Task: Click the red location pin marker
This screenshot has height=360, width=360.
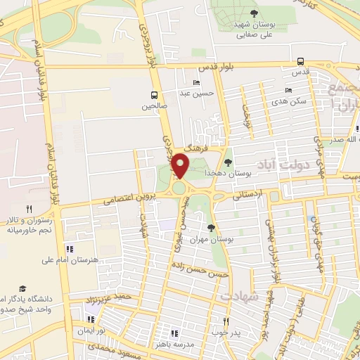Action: pos(181,166)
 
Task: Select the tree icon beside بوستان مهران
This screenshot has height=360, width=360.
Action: pos(212,228)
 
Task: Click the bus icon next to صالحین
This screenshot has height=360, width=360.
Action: pos(153,96)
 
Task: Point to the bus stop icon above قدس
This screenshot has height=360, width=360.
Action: pos(300,61)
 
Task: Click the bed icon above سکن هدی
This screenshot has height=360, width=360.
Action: pos(288,91)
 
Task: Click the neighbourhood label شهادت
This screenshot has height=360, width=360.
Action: pos(239,297)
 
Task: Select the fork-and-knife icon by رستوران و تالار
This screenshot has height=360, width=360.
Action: pos(29,209)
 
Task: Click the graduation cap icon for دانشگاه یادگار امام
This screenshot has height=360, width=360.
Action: pos(23,289)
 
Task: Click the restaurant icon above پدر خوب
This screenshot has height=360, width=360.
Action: pos(226,320)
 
